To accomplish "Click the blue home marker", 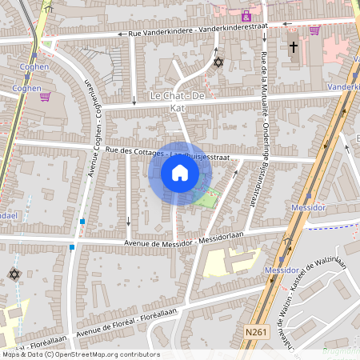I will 179,173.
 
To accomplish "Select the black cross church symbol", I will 293,48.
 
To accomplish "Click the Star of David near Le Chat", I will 218,62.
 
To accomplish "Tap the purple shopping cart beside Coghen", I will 45,97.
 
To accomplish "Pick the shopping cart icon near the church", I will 314,30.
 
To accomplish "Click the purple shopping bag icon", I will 246,15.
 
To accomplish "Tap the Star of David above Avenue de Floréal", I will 14,274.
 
